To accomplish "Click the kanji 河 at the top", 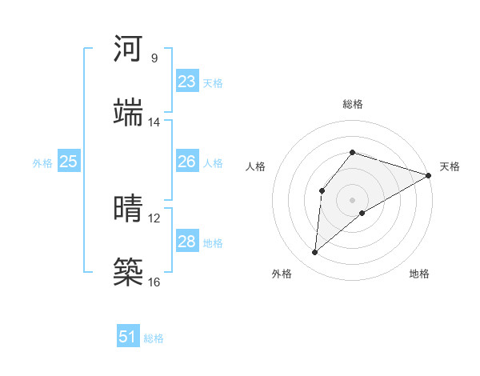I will click(x=129, y=49).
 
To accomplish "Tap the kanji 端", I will click(x=129, y=112).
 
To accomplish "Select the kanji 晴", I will click(x=129, y=208).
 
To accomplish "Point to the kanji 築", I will click(x=129, y=271).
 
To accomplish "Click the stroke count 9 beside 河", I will click(x=154, y=58).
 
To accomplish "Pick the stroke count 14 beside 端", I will click(x=154, y=122).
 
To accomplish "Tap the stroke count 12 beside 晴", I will click(x=154, y=218).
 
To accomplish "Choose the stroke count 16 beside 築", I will click(x=154, y=282).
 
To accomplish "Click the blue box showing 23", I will click(x=186, y=82).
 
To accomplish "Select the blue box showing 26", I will click(x=186, y=162).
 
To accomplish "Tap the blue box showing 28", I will click(x=186, y=241).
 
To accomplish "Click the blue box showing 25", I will click(x=68, y=162).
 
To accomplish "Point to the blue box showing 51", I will click(x=128, y=337).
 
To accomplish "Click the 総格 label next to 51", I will click(x=154, y=338).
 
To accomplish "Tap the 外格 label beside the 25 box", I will click(x=42, y=163).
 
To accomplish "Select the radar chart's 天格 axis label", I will click(x=450, y=166).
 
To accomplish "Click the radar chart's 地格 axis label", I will click(x=419, y=274).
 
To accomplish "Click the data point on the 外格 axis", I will click(x=315, y=253).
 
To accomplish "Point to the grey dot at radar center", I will click(x=352, y=199).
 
